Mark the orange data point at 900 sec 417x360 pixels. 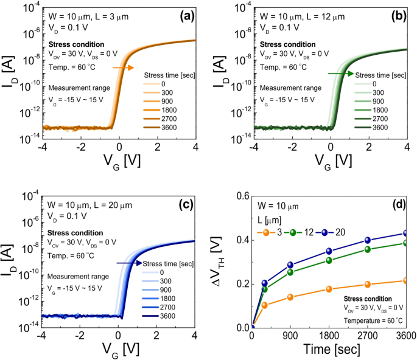[290, 297]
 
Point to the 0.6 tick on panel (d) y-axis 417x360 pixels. [242, 196]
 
